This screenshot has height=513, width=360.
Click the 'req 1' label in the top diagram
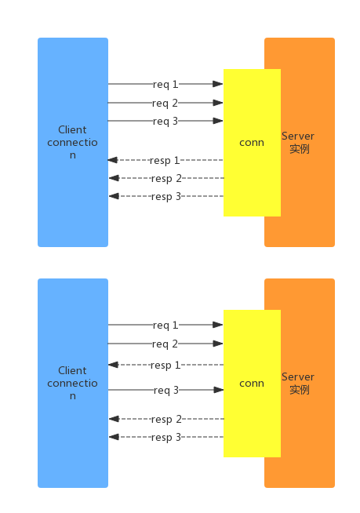165,83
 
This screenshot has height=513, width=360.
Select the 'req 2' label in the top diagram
165,103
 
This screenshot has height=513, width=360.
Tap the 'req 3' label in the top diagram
165,121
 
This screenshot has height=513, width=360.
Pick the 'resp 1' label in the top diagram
165,160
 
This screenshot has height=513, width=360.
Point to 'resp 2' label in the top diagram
165,178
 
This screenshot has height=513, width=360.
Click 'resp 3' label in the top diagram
165,196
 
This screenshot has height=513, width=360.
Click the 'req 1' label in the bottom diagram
165,325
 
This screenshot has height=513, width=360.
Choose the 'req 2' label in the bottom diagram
165,344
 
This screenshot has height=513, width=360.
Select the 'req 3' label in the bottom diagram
165,390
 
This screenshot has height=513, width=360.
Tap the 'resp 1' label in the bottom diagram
165,365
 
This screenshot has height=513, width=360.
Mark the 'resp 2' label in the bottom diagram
165,419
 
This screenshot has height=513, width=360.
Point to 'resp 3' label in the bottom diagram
165,437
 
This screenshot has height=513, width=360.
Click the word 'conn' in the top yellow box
252,142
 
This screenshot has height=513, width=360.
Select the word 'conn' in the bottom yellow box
252,383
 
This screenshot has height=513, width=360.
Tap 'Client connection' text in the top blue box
72,142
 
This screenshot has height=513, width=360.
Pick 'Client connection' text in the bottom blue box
72,383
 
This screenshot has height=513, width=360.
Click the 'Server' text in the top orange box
298,136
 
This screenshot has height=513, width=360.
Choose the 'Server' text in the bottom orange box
298,377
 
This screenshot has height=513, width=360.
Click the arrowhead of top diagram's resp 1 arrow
113,160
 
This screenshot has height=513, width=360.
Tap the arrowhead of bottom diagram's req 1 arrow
219,325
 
